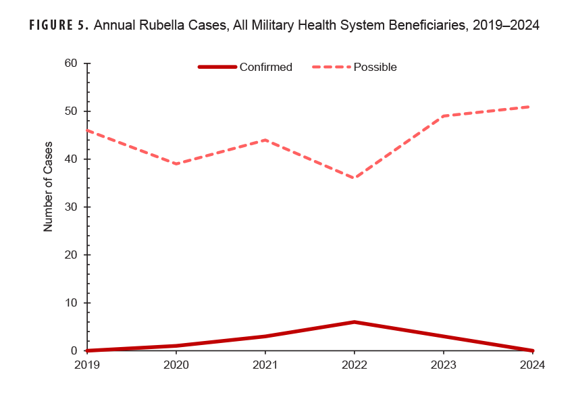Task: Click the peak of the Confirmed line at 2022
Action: [x=354, y=322]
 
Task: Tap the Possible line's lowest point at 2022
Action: [x=354, y=178]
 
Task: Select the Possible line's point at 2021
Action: [x=265, y=140]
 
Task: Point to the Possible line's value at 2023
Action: [x=443, y=116]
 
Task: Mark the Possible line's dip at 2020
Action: [x=176, y=164]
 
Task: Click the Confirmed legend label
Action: [x=265, y=67]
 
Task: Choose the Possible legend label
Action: [x=375, y=67]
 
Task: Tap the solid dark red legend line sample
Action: [x=217, y=67]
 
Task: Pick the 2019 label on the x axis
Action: [x=87, y=365]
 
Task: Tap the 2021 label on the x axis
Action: [x=265, y=365]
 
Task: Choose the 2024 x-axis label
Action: [x=531, y=365]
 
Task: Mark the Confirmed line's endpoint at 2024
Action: [x=531, y=350]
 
